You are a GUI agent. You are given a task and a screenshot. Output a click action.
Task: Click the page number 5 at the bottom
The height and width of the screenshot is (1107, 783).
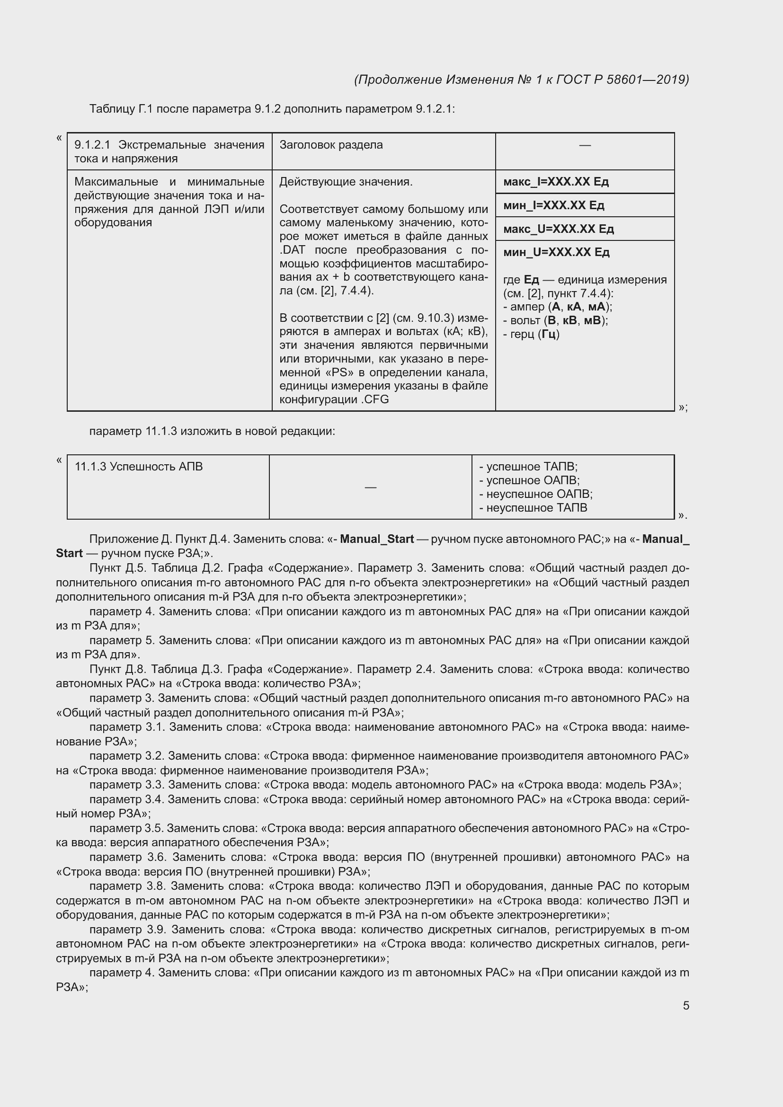(685, 1005)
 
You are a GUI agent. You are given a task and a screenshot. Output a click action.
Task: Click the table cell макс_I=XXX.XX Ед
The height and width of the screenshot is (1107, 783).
(555, 182)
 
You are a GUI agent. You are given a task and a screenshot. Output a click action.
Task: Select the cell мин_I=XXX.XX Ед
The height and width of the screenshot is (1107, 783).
(553, 205)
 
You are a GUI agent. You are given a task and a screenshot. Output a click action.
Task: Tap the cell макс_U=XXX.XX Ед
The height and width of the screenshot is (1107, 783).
(558, 229)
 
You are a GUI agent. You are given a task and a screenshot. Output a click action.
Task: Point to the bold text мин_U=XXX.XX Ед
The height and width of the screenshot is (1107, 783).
(556, 252)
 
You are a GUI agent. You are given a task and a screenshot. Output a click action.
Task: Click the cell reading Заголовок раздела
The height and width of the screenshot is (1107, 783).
(331, 145)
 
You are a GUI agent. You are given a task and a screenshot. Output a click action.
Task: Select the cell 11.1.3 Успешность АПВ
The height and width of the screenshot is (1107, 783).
(139, 467)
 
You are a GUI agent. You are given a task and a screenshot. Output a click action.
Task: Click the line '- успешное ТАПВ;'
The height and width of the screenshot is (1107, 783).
(528, 467)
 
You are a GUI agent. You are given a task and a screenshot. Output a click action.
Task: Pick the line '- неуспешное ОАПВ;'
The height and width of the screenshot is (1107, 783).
(536, 494)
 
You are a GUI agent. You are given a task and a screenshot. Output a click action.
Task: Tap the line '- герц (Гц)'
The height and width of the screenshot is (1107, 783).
(531, 334)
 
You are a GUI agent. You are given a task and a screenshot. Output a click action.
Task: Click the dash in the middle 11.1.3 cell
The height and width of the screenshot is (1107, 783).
(370, 487)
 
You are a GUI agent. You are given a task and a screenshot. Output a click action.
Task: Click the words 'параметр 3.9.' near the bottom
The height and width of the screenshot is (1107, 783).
(129, 929)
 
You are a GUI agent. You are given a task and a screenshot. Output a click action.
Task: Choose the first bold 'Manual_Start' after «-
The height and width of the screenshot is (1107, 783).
(376, 539)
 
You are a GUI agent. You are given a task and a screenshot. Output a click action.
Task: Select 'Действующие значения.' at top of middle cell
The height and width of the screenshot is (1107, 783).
(346, 182)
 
